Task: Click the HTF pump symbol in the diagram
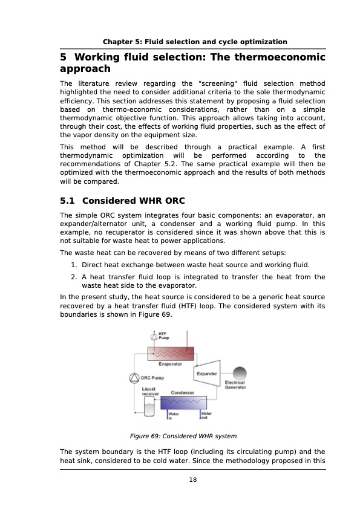(x=154, y=337)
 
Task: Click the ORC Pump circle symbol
(x=134, y=378)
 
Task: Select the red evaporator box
(x=171, y=354)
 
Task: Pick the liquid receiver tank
(x=149, y=409)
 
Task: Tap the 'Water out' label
(x=206, y=416)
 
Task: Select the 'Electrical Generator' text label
(x=235, y=384)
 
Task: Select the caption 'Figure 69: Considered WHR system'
(x=183, y=435)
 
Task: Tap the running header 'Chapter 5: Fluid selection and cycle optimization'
(x=195, y=42)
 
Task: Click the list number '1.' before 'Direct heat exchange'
(x=73, y=265)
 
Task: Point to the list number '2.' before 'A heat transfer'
(x=73, y=277)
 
